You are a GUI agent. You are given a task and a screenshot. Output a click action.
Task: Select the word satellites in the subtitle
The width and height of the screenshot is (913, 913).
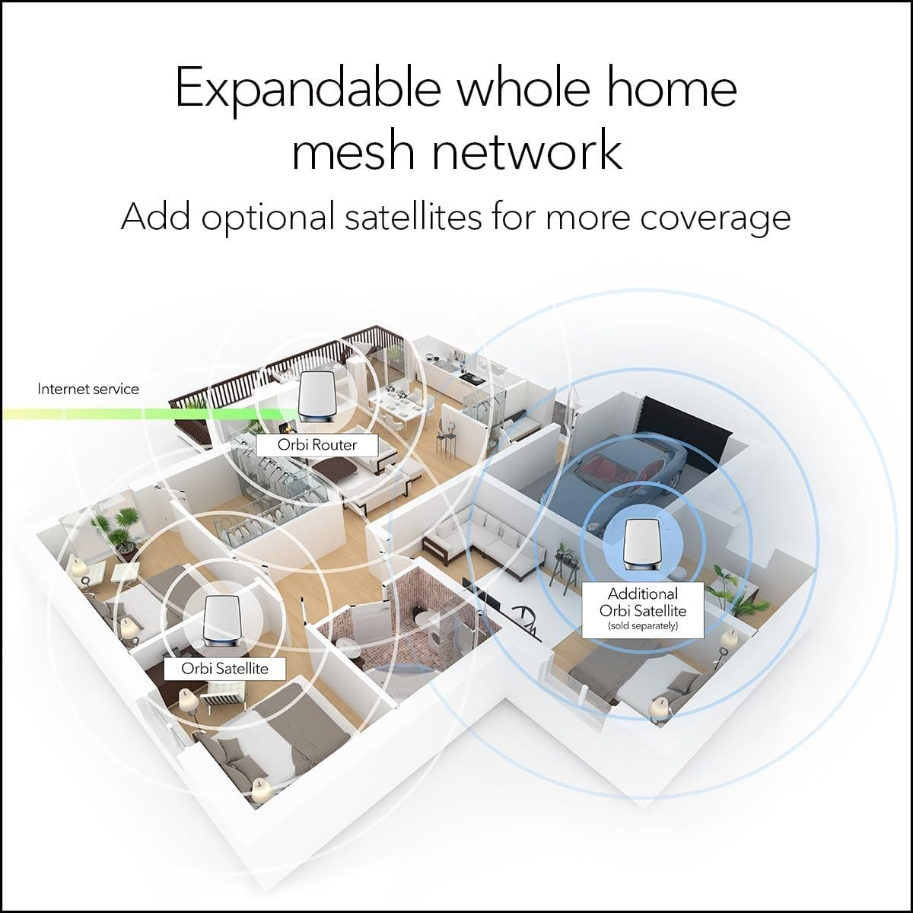412,217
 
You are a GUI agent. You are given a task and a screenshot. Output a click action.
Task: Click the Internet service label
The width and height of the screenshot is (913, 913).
88,389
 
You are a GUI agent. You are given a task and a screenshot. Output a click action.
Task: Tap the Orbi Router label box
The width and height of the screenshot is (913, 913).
317,445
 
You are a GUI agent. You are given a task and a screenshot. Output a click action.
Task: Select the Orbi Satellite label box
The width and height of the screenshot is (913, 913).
224,669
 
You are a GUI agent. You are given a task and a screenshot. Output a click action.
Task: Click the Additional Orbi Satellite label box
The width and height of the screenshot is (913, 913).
643,609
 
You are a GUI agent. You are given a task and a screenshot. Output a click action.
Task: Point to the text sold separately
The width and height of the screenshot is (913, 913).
643,626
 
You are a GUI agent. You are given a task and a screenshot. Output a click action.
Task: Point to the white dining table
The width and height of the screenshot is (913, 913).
396,409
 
